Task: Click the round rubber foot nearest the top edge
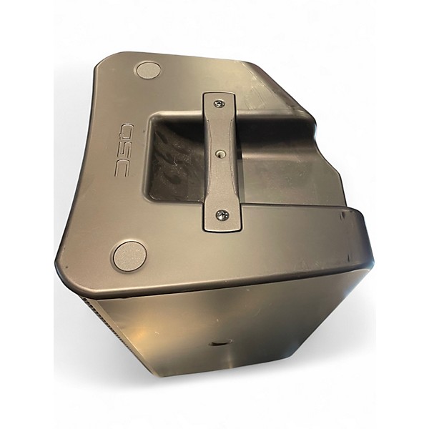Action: click(148, 70)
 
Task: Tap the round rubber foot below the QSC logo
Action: click(129, 255)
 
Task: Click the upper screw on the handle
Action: click(219, 104)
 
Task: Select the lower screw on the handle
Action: click(222, 214)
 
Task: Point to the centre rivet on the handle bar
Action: click(220, 152)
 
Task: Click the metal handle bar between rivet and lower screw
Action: click(220, 184)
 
